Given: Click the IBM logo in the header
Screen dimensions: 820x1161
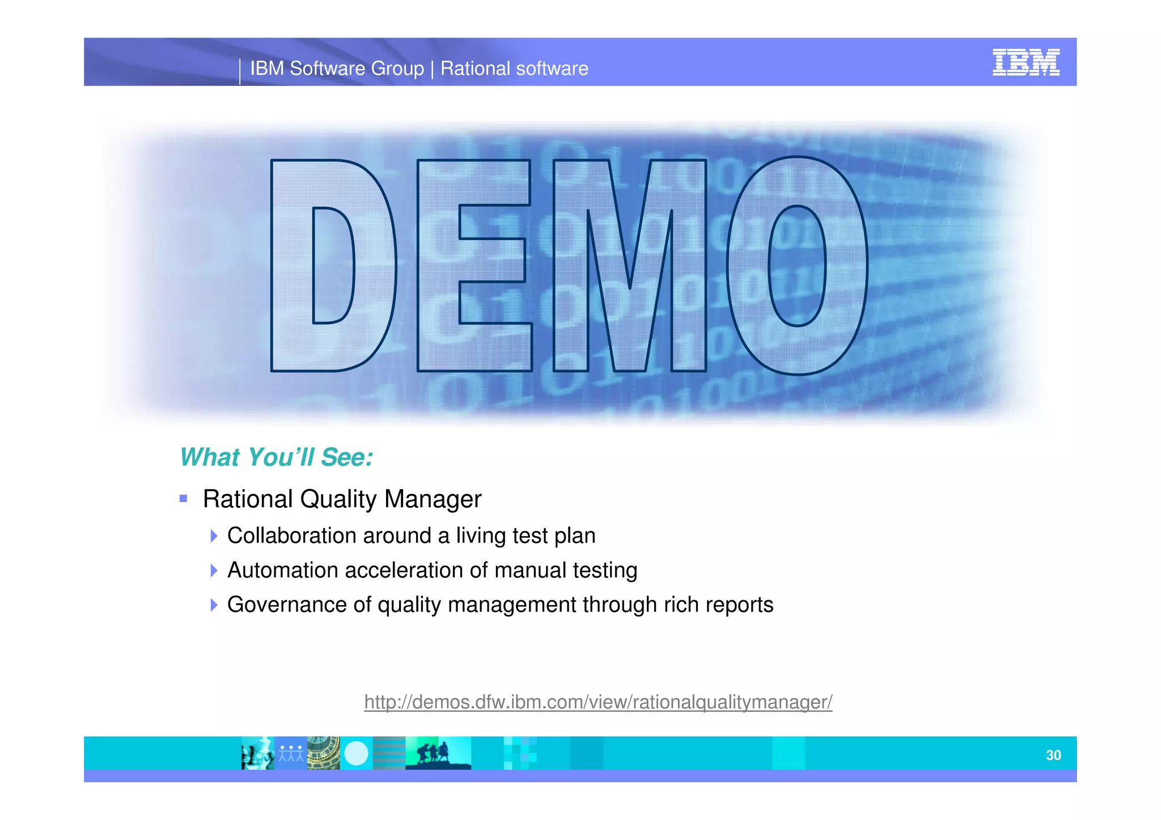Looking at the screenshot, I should [x=1026, y=62].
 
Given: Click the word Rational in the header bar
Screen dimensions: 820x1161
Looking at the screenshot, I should [x=475, y=69].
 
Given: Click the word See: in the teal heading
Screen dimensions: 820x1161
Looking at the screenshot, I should [x=346, y=457].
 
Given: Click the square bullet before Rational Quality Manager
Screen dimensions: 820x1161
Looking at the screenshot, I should [x=183, y=499].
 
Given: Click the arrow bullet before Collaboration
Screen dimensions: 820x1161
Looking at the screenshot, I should [x=213, y=536].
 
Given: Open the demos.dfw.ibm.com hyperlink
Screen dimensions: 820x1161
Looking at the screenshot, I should [x=598, y=702].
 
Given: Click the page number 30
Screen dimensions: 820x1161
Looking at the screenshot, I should [x=1053, y=755].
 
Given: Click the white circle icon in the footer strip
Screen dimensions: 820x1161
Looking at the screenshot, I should [x=356, y=753].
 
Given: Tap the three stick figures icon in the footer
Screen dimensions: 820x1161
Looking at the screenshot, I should [x=290, y=753].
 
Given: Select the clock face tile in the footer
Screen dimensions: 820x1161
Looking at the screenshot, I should [x=323, y=753].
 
